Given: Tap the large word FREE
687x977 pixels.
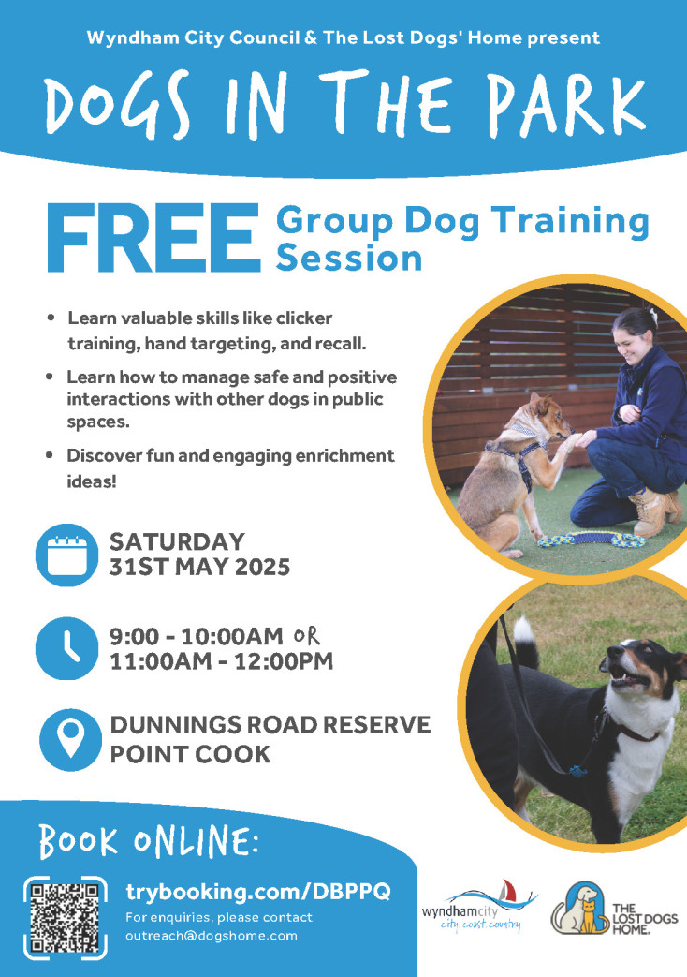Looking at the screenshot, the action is click(153, 239).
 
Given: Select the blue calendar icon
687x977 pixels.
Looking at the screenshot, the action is click(66, 555).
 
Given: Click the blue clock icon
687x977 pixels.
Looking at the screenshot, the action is click(66, 648).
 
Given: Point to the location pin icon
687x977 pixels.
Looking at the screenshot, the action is click(70, 740).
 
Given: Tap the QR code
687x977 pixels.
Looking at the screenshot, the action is click(65, 918).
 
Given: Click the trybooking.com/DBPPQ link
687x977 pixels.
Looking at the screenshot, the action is click(257, 892).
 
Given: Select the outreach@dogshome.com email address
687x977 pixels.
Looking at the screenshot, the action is click(212, 936).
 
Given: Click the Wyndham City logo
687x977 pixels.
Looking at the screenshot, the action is click(479, 908).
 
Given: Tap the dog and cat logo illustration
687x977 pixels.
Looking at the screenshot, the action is click(580, 908).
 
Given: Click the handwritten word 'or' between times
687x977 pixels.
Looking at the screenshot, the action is click(306, 636).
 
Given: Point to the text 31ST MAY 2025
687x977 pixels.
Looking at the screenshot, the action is click(200, 568).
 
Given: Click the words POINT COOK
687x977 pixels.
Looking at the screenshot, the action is click(191, 755).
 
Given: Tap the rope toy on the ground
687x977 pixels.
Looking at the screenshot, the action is click(592, 539).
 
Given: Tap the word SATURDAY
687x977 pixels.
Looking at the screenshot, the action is click(178, 541).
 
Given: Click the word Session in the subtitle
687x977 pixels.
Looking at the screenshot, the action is click(349, 259).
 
